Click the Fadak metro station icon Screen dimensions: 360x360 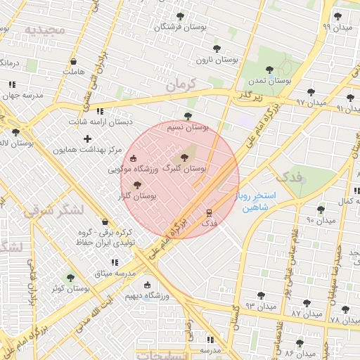(x=209, y=212)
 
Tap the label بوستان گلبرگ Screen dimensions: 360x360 (x=184, y=169)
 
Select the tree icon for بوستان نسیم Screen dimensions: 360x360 (x=187, y=116)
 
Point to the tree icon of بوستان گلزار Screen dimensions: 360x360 (x=136, y=185)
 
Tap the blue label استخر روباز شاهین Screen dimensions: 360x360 (x=259, y=201)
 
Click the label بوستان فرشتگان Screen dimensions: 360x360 (x=179, y=27)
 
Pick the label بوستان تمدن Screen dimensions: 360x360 (x=275, y=81)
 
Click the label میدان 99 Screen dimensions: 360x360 (x=336, y=26)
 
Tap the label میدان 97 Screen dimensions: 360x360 (x=311, y=103)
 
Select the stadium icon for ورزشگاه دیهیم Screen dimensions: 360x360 (x=147, y=285)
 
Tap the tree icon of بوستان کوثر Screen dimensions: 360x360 (x=70, y=278)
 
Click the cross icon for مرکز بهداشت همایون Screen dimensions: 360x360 (x=87, y=139)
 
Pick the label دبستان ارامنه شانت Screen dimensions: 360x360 (x=99, y=122)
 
